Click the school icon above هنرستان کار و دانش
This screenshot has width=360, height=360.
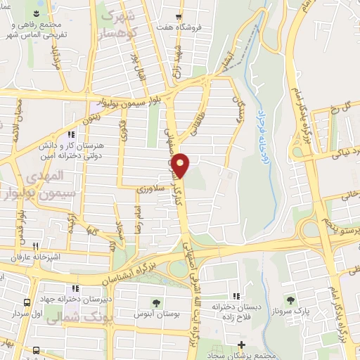tap(70, 134)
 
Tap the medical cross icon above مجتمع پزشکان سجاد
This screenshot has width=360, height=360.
tap(242, 345)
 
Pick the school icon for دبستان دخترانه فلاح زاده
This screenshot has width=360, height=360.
tap(236, 295)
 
